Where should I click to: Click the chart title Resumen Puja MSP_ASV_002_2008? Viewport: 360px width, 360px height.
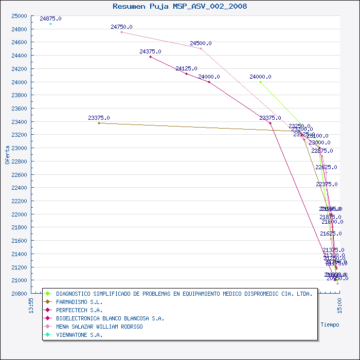179,6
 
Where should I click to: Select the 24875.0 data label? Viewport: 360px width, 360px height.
50,19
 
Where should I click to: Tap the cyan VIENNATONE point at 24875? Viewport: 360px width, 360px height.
50,24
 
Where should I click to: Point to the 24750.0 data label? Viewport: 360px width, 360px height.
121,27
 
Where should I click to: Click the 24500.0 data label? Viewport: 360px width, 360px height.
201,44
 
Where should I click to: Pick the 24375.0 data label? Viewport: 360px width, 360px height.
150,51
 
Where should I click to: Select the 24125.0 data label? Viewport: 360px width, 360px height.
186,68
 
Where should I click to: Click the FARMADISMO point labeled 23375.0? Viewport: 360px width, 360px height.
99,123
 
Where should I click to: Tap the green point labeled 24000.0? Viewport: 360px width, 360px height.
260,82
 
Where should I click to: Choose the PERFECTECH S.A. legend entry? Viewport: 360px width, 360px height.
79,311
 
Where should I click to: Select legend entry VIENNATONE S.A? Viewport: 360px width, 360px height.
79,335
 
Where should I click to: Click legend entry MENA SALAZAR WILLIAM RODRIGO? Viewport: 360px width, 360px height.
99,327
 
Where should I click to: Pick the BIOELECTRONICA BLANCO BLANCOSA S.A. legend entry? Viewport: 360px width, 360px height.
110,318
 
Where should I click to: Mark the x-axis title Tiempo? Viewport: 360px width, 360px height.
330,325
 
